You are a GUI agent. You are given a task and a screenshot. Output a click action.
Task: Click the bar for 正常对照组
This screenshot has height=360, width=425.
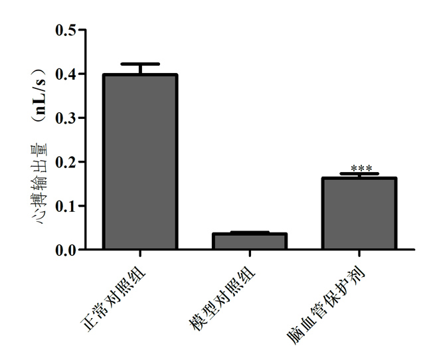click(139, 162)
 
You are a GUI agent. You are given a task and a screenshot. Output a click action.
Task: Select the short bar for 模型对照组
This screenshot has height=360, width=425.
click(249, 241)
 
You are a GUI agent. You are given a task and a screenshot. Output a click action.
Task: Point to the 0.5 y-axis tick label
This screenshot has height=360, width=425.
click(65, 30)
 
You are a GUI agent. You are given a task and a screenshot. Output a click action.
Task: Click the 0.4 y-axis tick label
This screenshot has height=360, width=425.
click(65, 74)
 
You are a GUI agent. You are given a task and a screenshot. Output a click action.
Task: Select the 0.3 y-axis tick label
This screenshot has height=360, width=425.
click(65, 118)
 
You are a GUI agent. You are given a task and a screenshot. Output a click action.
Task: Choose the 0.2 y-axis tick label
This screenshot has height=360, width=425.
click(65, 161)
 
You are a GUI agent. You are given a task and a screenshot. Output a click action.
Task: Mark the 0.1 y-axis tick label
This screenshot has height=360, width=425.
click(65, 206)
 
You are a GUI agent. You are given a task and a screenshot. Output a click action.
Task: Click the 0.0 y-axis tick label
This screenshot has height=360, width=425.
click(65, 250)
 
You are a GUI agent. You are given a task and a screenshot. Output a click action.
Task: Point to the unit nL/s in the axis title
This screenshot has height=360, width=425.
click(41, 96)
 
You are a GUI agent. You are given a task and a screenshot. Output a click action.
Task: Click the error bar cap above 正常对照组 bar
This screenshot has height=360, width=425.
click(139, 64)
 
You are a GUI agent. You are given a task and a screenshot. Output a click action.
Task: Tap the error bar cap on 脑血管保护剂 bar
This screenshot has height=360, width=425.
click(359, 174)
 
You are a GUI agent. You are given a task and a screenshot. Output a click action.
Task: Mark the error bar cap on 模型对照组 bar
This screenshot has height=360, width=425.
click(249, 232)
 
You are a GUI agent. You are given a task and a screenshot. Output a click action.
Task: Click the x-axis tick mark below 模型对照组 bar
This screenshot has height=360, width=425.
click(249, 254)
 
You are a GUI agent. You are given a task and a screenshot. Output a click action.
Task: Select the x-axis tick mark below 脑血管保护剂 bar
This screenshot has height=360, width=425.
click(359, 254)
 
